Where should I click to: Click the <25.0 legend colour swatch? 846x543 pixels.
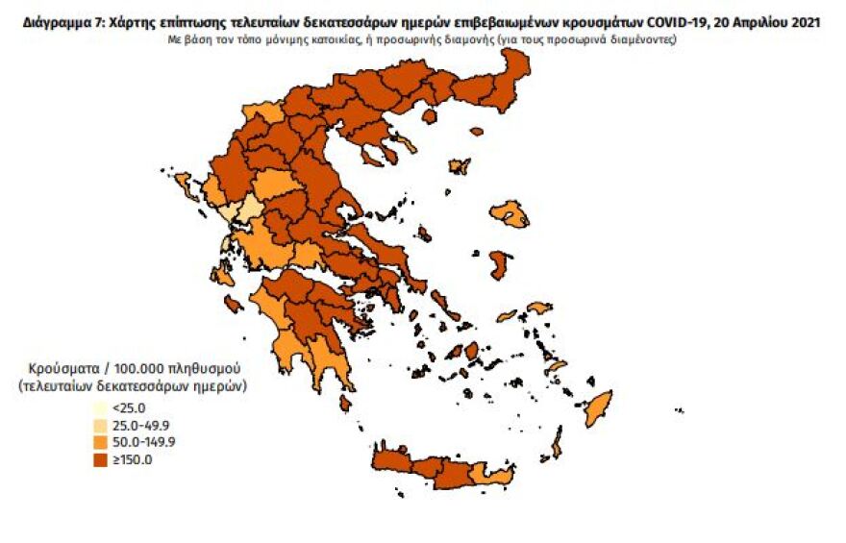[99, 407]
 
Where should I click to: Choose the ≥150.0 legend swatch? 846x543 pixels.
[99, 459]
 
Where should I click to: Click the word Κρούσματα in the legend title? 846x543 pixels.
[58, 368]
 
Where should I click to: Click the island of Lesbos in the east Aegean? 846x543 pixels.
[510, 213]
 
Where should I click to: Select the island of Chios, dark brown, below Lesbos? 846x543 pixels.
[499, 264]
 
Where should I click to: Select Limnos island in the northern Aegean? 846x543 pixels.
[460, 166]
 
